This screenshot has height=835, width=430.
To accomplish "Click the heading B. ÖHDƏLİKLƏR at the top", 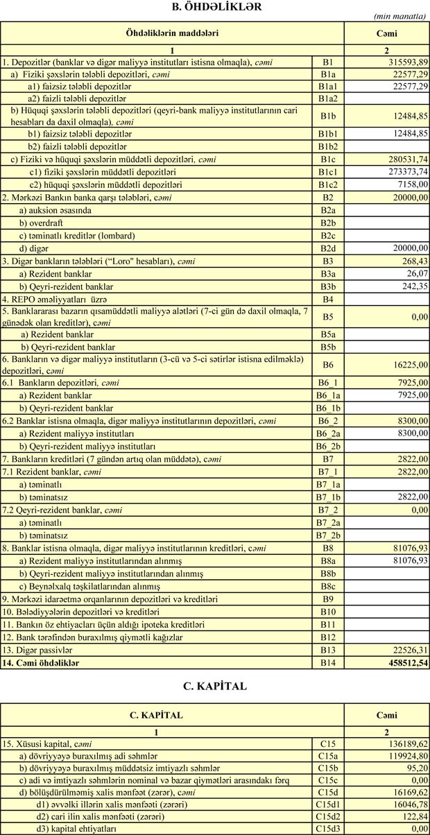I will click(x=215, y=7).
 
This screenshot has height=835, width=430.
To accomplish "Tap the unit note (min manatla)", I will click(x=400, y=16).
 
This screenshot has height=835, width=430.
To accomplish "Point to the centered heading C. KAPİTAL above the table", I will click(x=215, y=686).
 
